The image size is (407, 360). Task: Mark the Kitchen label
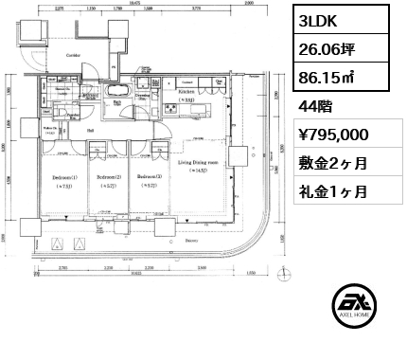(x=185, y=93)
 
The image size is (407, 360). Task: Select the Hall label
(x=91, y=130)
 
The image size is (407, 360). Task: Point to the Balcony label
(x=177, y=241)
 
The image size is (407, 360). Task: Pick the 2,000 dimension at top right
(x=248, y=4)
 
